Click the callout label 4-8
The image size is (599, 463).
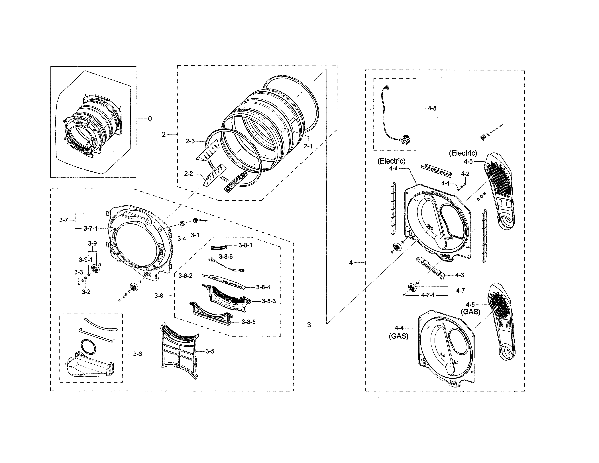click(x=432, y=108)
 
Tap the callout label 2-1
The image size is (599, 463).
click(x=308, y=146)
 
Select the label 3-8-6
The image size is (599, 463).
click(x=226, y=256)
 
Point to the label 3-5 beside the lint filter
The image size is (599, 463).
click(x=210, y=351)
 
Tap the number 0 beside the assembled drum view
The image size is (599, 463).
click(x=150, y=119)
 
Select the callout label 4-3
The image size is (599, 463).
click(x=459, y=275)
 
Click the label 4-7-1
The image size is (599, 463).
click(x=428, y=295)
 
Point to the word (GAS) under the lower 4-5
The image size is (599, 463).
click(x=471, y=312)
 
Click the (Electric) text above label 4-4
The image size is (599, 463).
click(x=391, y=161)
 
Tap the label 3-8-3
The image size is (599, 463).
click(x=269, y=301)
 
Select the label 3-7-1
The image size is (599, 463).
click(x=91, y=228)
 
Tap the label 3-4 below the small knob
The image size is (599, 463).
click(x=182, y=239)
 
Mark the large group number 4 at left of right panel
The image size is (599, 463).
click(x=351, y=263)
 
